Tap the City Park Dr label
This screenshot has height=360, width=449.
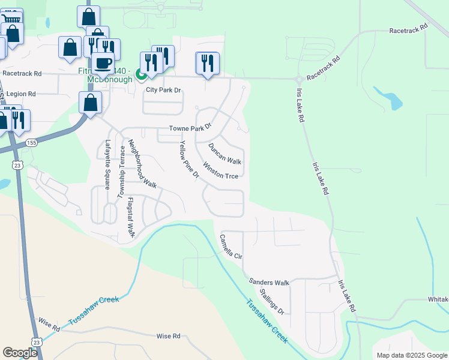click(x=164, y=91)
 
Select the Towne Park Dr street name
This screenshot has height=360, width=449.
click(x=190, y=128)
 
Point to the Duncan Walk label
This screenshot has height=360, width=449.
click(x=224, y=154)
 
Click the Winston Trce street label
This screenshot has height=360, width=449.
click(x=221, y=170)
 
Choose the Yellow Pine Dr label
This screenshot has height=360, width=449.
click(x=189, y=160)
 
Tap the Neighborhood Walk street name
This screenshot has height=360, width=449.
click(x=142, y=165)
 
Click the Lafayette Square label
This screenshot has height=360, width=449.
click(x=108, y=164)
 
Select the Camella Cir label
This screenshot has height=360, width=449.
click(x=231, y=247)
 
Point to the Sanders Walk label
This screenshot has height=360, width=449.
click(x=269, y=283)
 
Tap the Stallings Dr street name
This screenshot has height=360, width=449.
click(x=272, y=302)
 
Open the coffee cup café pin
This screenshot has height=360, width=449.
click(x=103, y=63)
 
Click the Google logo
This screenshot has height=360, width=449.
click(x=20, y=353)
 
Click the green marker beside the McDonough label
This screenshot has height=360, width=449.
click(x=141, y=75)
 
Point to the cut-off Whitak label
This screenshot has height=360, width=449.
click(x=438, y=299)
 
